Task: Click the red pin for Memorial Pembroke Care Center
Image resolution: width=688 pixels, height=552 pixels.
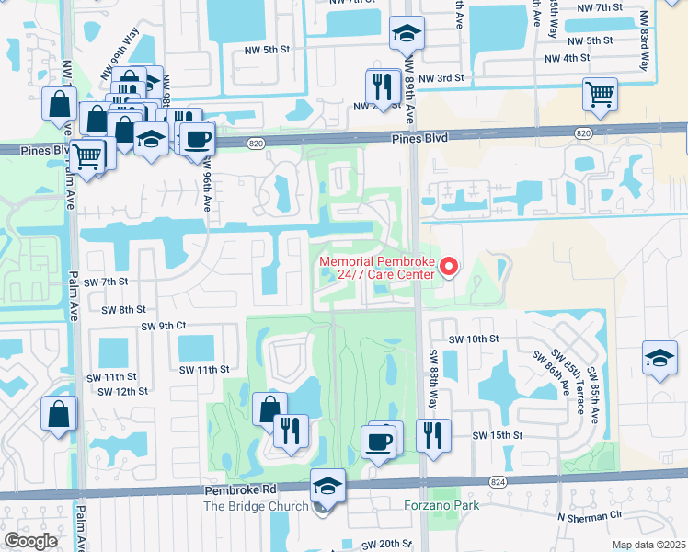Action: tap(450, 267)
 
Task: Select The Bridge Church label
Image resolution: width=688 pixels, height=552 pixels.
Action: tap(253, 507)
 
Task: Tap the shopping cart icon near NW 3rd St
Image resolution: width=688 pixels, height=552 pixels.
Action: tap(599, 94)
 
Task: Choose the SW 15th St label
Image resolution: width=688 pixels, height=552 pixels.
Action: tap(497, 435)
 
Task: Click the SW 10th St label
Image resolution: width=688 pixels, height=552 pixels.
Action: tap(473, 339)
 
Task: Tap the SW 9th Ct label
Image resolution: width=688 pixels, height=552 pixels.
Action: tap(164, 326)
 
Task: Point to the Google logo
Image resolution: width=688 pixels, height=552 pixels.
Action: tap(30, 540)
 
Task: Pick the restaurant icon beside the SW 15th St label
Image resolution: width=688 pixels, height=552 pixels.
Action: tap(432, 435)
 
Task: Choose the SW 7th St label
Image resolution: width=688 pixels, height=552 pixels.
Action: tap(104, 281)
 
